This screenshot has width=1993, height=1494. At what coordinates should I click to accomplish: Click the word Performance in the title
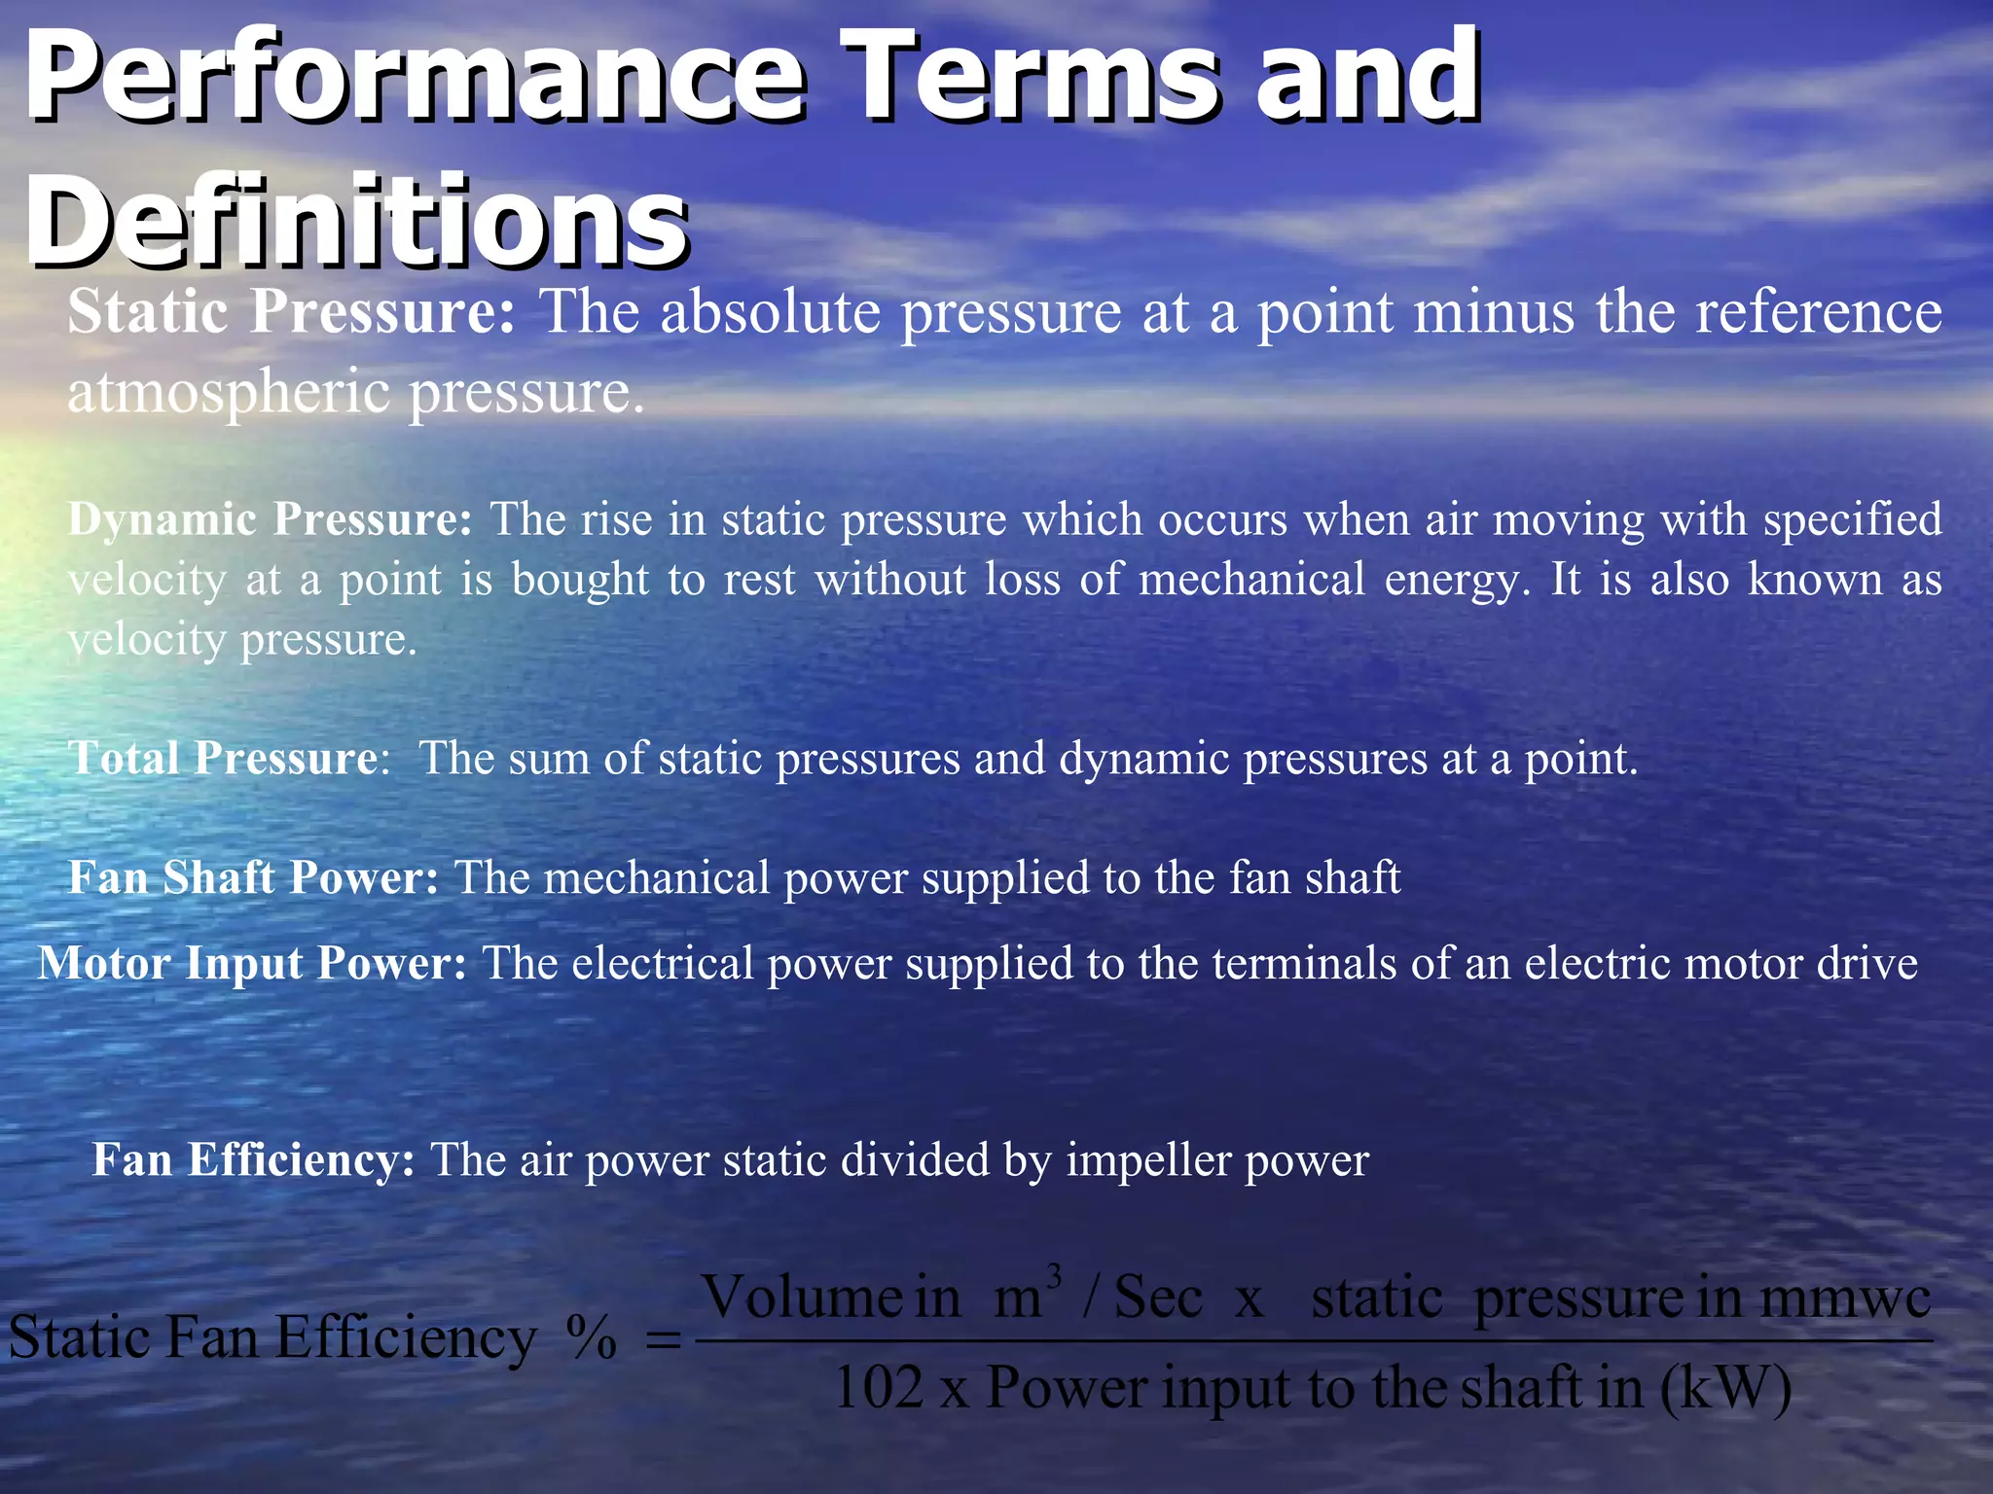(414, 78)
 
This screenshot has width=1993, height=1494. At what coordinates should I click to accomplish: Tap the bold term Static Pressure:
(291, 312)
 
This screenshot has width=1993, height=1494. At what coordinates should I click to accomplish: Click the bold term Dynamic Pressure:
(270, 519)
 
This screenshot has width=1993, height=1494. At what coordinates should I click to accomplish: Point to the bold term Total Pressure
(223, 759)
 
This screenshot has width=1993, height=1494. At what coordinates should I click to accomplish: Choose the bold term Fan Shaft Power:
(253, 877)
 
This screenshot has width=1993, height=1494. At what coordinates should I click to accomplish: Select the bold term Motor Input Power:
(252, 963)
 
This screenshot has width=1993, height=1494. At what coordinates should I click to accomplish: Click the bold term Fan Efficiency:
(253, 1159)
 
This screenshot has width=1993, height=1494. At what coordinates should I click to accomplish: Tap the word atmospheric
(228, 392)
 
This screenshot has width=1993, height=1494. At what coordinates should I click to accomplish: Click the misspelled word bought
(580, 580)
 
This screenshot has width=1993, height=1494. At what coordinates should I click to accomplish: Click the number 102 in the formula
(879, 1387)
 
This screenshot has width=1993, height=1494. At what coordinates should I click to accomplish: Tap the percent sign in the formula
(591, 1338)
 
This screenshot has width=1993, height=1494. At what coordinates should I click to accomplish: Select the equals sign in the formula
(664, 1340)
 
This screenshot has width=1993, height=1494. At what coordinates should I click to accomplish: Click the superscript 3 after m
(1053, 1275)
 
